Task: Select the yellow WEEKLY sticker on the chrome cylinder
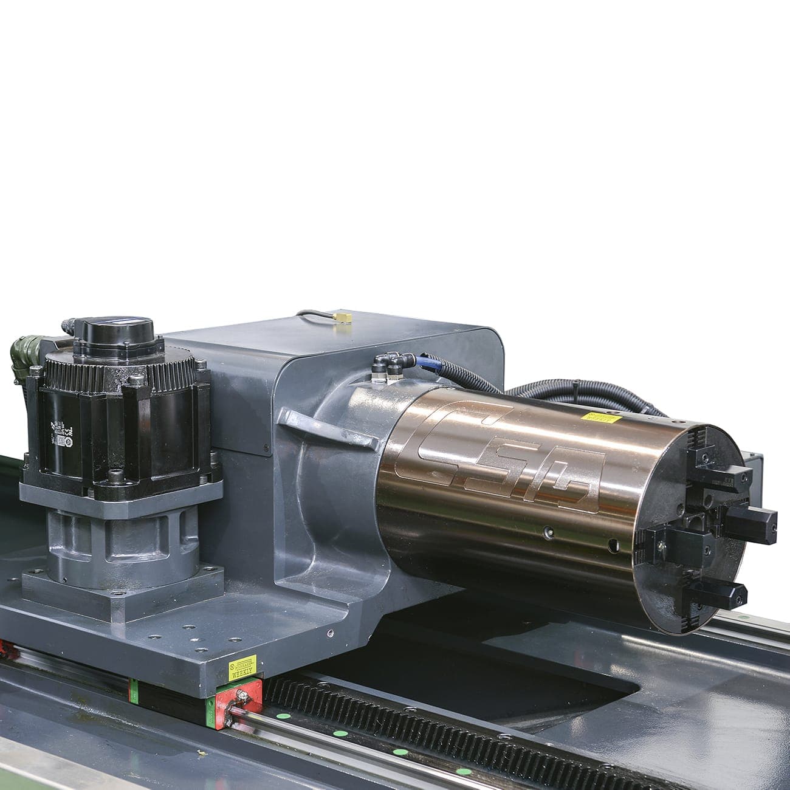coord(600,417)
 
